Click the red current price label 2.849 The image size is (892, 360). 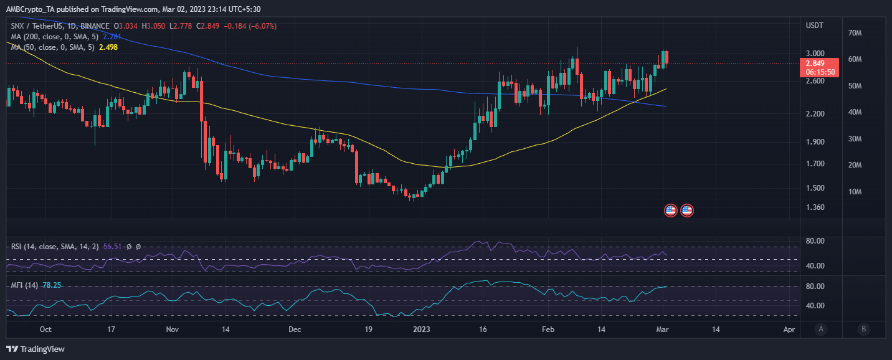(x=815, y=63)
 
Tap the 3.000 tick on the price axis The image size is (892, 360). (x=815, y=54)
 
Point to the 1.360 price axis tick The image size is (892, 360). (x=815, y=207)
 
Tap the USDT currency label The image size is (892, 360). (x=815, y=26)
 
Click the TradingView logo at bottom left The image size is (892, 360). (x=36, y=349)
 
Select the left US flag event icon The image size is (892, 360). (x=671, y=211)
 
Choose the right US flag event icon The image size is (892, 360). (x=687, y=211)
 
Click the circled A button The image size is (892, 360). (x=821, y=329)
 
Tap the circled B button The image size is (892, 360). (x=863, y=329)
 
